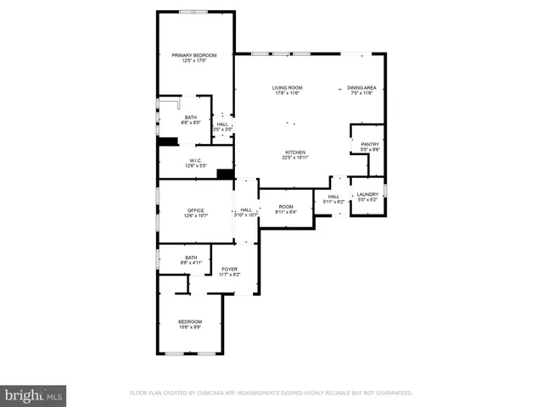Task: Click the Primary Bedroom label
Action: (194, 56)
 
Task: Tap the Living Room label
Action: (288, 87)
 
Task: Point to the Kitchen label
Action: (294, 152)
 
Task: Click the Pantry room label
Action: (370, 144)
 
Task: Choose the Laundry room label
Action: (367, 194)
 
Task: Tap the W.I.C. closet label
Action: (195, 160)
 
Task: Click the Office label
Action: (196, 210)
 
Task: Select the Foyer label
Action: (230, 270)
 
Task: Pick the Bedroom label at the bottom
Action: (190, 321)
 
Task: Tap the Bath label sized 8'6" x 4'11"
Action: (190, 258)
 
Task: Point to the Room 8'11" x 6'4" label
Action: (286, 207)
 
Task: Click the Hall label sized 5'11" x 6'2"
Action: (333, 197)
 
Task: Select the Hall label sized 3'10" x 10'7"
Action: (246, 210)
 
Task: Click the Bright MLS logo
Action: (34, 395)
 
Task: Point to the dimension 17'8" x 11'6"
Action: (288, 93)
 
